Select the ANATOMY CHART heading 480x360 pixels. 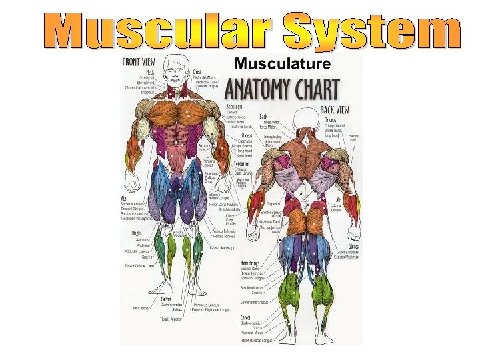283,89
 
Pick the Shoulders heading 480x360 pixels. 234,106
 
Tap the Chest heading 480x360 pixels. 198,71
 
